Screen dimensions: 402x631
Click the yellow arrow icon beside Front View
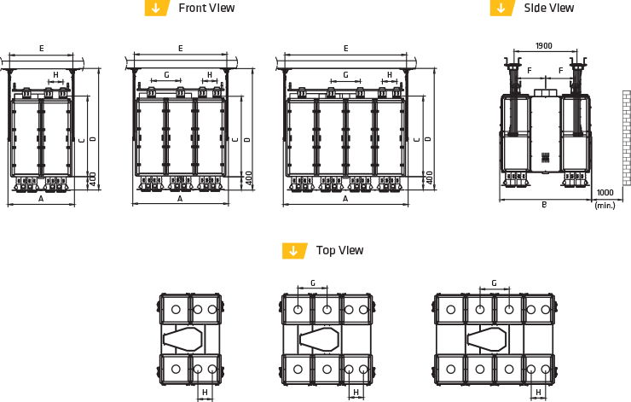155,8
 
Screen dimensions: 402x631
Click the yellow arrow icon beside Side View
501,8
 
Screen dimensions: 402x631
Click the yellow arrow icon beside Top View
294,250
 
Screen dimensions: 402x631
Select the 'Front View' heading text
206,8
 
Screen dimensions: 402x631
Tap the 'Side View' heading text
549,8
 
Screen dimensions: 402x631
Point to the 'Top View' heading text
340,250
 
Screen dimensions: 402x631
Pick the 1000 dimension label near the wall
605,193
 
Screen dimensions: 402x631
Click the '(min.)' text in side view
605,205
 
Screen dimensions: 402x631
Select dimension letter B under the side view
544,205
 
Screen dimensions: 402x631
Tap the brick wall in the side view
625,137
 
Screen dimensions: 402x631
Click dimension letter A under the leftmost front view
41,198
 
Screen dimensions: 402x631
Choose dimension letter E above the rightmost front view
345,49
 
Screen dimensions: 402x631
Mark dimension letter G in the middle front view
166,75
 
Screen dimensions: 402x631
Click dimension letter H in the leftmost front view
56,75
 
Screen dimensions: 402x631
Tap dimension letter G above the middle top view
313,283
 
